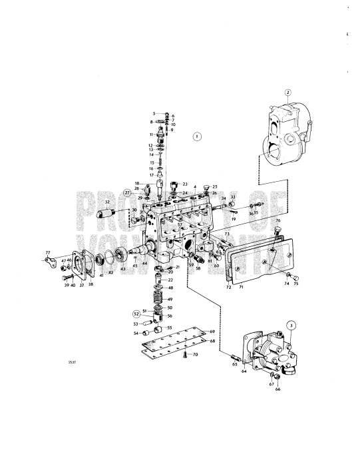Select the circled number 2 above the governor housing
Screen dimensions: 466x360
pyautogui.click(x=287, y=93)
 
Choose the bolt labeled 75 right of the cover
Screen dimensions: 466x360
pyautogui.click(x=288, y=276)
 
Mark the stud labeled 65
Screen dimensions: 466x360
pyautogui.click(x=231, y=357)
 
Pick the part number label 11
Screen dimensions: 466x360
pyautogui.click(x=152, y=134)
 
